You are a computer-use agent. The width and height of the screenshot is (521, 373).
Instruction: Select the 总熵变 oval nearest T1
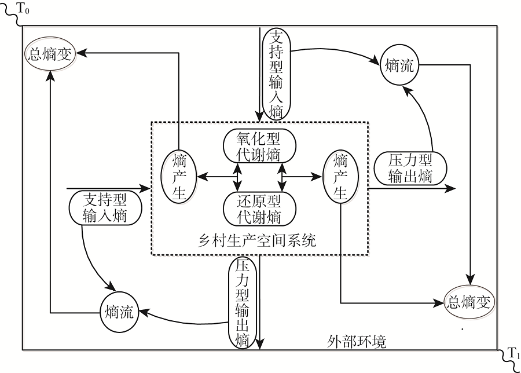(x=469, y=302)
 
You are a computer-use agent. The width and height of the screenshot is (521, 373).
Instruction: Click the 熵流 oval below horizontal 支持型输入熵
(x=119, y=313)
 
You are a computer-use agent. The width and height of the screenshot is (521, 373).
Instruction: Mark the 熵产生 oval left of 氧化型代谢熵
(x=179, y=175)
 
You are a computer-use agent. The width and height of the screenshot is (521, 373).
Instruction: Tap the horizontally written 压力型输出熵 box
(x=410, y=168)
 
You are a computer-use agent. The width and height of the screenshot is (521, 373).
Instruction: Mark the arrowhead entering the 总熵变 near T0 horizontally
(x=80, y=53)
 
